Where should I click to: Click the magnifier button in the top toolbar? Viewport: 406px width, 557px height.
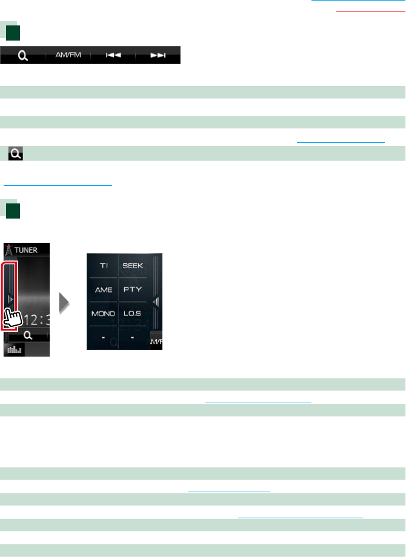(22, 55)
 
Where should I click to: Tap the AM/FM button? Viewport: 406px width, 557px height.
(68, 55)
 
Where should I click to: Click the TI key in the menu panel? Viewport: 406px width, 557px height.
(104, 266)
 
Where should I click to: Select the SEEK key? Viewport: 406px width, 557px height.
(133, 266)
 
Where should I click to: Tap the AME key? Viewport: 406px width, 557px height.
(104, 289)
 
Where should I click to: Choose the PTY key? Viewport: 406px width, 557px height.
(133, 289)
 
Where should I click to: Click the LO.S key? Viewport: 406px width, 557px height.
(133, 314)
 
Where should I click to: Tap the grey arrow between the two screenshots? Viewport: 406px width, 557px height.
(65, 300)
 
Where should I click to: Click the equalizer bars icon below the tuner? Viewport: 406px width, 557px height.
(14, 349)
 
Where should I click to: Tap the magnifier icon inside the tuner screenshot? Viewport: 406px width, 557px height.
(28, 335)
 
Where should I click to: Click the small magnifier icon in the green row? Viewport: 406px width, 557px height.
(16, 156)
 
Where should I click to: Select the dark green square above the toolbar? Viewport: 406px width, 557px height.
(13, 31)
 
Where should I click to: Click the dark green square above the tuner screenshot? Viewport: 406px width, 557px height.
(13, 211)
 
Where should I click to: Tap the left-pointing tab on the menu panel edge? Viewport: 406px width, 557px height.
(156, 302)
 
